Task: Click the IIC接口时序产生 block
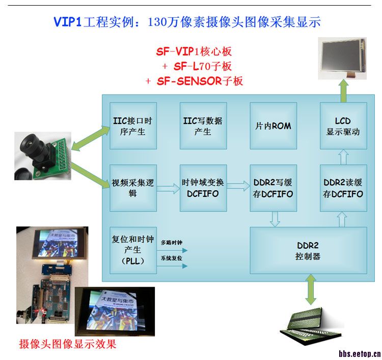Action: click(x=133, y=125)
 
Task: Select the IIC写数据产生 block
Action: click(x=203, y=125)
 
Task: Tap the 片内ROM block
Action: click(x=273, y=125)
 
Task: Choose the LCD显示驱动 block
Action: click(x=343, y=125)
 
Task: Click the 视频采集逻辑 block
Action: click(x=133, y=188)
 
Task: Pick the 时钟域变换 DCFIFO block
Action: click(x=203, y=188)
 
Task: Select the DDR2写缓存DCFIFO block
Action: click(x=273, y=188)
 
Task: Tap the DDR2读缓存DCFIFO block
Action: click(x=343, y=188)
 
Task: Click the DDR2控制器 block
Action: click(x=308, y=250)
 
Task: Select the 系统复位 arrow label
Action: click(x=171, y=259)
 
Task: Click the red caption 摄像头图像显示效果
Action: click(x=67, y=344)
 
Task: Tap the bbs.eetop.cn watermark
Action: click(x=360, y=353)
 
